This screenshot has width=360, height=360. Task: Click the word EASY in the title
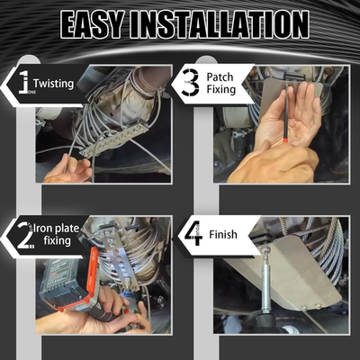pos(91,24)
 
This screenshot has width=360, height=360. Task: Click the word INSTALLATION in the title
pos(219,24)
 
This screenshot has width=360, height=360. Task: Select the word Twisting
pos(53,84)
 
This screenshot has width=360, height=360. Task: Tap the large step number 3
pos(191,83)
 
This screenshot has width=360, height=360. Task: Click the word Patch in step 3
pos(220,76)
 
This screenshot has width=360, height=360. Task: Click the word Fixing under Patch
pos(221,89)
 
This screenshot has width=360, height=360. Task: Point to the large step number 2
pos(25,235)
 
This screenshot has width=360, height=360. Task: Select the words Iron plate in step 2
pos(56,229)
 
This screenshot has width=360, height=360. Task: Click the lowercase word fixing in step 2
pos(57,240)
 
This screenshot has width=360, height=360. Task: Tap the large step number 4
pos(193,234)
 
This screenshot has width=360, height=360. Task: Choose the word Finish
pos(223,234)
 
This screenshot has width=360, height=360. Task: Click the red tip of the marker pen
pos(286,139)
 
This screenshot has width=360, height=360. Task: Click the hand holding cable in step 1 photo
pos(68,168)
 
